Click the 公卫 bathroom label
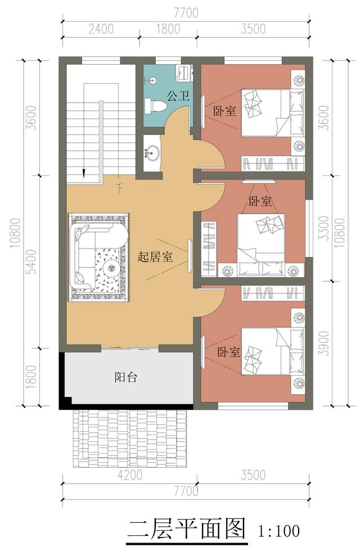179,96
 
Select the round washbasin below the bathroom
152,153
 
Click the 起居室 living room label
155,257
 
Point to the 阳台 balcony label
126,377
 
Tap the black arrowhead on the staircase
84,173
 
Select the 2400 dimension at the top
101,29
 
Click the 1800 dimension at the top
168,29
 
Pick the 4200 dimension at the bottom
130,476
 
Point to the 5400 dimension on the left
31,262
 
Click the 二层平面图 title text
186,530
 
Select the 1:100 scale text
279,531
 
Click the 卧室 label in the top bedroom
224,111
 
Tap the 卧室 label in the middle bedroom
260,201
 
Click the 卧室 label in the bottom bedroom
228,352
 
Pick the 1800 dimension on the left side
31,377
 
